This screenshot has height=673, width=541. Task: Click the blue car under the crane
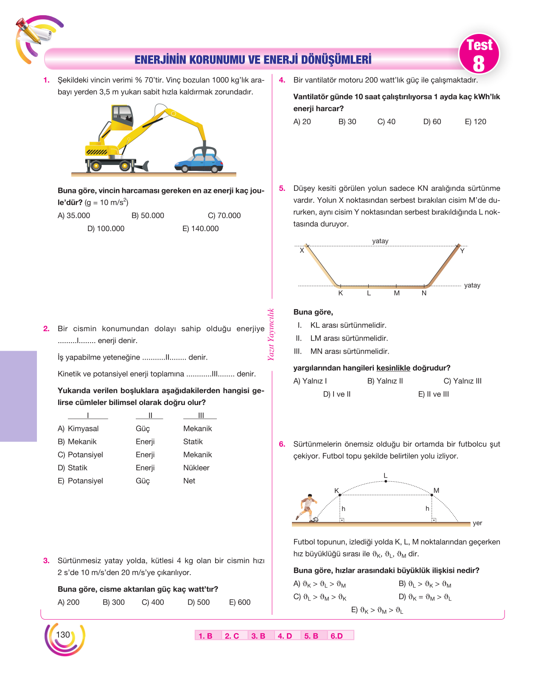(199, 163)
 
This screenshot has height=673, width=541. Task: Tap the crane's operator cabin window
(122, 114)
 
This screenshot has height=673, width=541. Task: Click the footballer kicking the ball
(306, 507)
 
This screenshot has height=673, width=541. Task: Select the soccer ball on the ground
(315, 519)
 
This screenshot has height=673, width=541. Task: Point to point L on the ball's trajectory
(386, 481)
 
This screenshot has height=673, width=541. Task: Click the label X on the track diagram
(302, 250)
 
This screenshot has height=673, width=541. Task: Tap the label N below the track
(424, 293)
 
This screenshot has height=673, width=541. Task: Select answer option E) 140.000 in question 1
(201, 229)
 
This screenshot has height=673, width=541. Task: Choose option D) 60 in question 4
(432, 122)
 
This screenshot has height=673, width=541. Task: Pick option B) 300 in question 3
(114, 602)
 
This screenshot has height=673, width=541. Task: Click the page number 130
(63, 634)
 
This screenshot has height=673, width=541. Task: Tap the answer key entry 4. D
(285, 636)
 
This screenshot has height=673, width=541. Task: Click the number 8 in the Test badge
(479, 64)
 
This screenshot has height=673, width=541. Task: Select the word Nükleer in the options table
(196, 467)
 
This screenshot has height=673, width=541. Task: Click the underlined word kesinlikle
(393, 368)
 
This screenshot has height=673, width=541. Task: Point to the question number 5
(282, 188)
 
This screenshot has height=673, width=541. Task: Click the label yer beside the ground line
(477, 523)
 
